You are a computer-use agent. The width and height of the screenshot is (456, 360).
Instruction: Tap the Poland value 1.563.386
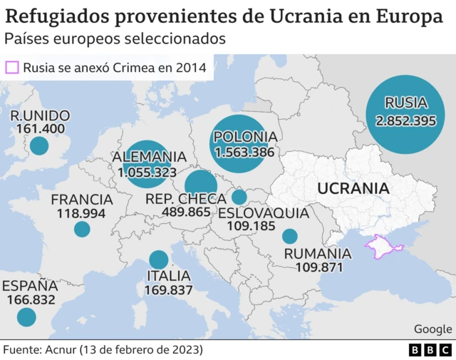click(x=244, y=152)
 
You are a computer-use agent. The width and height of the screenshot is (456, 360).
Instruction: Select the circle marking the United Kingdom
click(x=38, y=146)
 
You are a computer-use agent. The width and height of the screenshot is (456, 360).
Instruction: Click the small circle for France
click(x=82, y=229)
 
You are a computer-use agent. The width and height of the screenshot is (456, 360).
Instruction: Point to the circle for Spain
click(x=26, y=317)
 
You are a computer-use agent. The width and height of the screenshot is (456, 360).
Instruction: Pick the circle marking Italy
click(x=158, y=260)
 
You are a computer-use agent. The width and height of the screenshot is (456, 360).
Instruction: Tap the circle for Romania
click(x=289, y=236)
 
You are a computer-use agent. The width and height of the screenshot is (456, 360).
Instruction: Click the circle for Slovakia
click(x=239, y=197)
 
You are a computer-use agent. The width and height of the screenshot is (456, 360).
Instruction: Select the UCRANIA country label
click(x=353, y=189)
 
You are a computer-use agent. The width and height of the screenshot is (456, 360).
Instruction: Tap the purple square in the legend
click(x=12, y=68)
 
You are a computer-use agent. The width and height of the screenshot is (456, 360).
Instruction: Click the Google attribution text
click(x=432, y=329)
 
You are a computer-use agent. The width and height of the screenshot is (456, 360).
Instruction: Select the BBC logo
click(x=430, y=351)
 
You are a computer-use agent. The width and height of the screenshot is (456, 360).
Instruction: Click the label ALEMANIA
click(x=149, y=157)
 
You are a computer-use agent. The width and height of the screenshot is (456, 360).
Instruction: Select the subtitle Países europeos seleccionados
click(x=115, y=38)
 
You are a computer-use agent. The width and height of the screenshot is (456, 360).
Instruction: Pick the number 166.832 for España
click(x=30, y=300)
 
